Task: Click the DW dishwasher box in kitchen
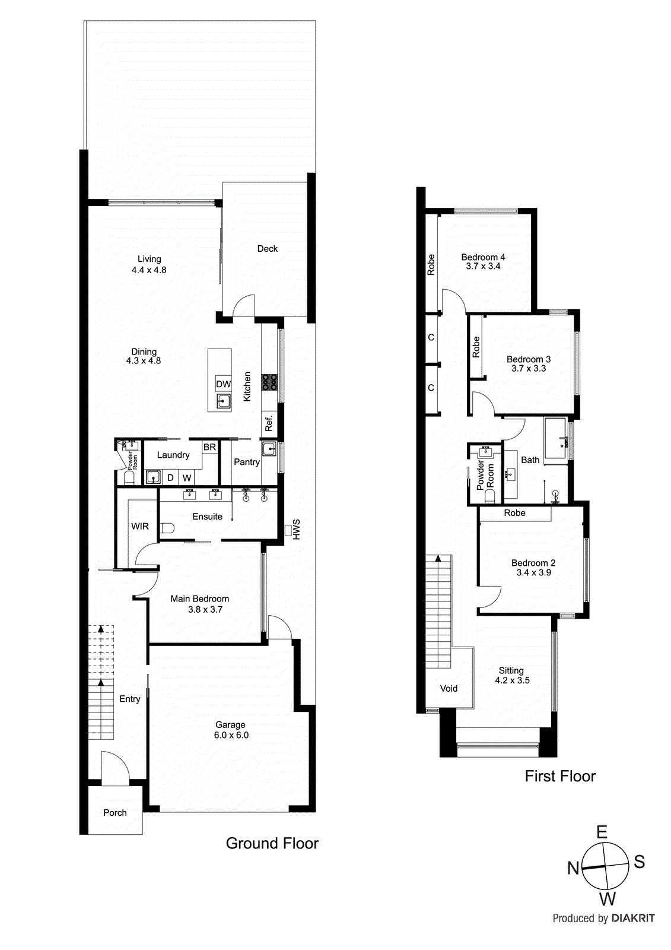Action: click(x=223, y=384)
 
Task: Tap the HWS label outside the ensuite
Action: click(x=296, y=529)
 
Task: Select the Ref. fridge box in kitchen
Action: click(x=269, y=423)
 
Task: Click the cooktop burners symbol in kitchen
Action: click(x=269, y=382)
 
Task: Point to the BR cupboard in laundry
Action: click(x=209, y=447)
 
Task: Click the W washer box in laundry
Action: click(x=187, y=477)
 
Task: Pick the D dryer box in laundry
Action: click(x=170, y=477)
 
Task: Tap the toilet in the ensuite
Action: click(x=167, y=528)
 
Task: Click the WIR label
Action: click(x=140, y=526)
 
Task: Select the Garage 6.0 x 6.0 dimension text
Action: click(x=231, y=735)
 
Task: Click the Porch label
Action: click(x=115, y=813)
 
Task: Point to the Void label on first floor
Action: click(x=449, y=688)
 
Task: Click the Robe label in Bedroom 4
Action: click(x=431, y=264)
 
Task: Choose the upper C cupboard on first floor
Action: click(x=431, y=337)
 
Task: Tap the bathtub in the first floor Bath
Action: click(x=556, y=438)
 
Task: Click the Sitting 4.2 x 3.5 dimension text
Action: click(x=512, y=680)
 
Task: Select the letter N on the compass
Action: click(x=573, y=868)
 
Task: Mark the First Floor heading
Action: click(x=560, y=776)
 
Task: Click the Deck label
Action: click(x=267, y=249)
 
